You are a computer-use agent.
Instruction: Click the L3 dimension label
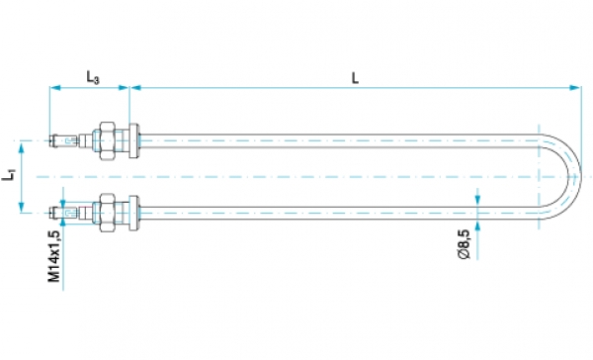pos(93,77)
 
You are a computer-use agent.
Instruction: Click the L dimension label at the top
pos(355,78)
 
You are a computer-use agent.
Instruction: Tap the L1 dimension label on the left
pos(9,176)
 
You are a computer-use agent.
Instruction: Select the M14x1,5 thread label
pos(54,256)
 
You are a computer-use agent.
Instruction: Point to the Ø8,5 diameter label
pos(465,244)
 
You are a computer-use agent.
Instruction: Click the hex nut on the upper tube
pos(108,140)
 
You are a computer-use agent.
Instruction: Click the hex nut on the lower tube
pos(108,213)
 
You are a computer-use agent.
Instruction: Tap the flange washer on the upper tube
pos(133,140)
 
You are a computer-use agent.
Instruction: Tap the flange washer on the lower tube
pos(133,213)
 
